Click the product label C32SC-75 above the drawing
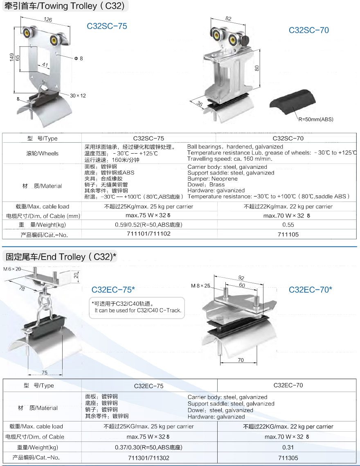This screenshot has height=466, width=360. click(x=107, y=26)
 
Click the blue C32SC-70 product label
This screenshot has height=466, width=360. click(x=308, y=30)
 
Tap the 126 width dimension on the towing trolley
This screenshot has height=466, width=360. click(x=48, y=19)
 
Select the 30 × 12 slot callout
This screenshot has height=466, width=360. click(x=78, y=96)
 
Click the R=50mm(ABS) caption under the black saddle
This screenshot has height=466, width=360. click(x=316, y=119)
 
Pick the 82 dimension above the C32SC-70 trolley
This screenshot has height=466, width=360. click(x=228, y=19)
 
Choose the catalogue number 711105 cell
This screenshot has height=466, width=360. click(x=288, y=234)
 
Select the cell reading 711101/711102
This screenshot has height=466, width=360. click(x=149, y=234)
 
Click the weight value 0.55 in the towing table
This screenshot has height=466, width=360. click(x=288, y=225)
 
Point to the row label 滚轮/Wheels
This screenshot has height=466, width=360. click(x=42, y=154)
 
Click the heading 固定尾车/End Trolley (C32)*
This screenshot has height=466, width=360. click(x=61, y=257)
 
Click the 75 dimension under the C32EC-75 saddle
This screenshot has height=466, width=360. click(x=45, y=372)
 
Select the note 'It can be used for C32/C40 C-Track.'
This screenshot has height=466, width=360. click(x=138, y=311)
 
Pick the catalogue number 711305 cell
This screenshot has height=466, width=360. click(x=288, y=458)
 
